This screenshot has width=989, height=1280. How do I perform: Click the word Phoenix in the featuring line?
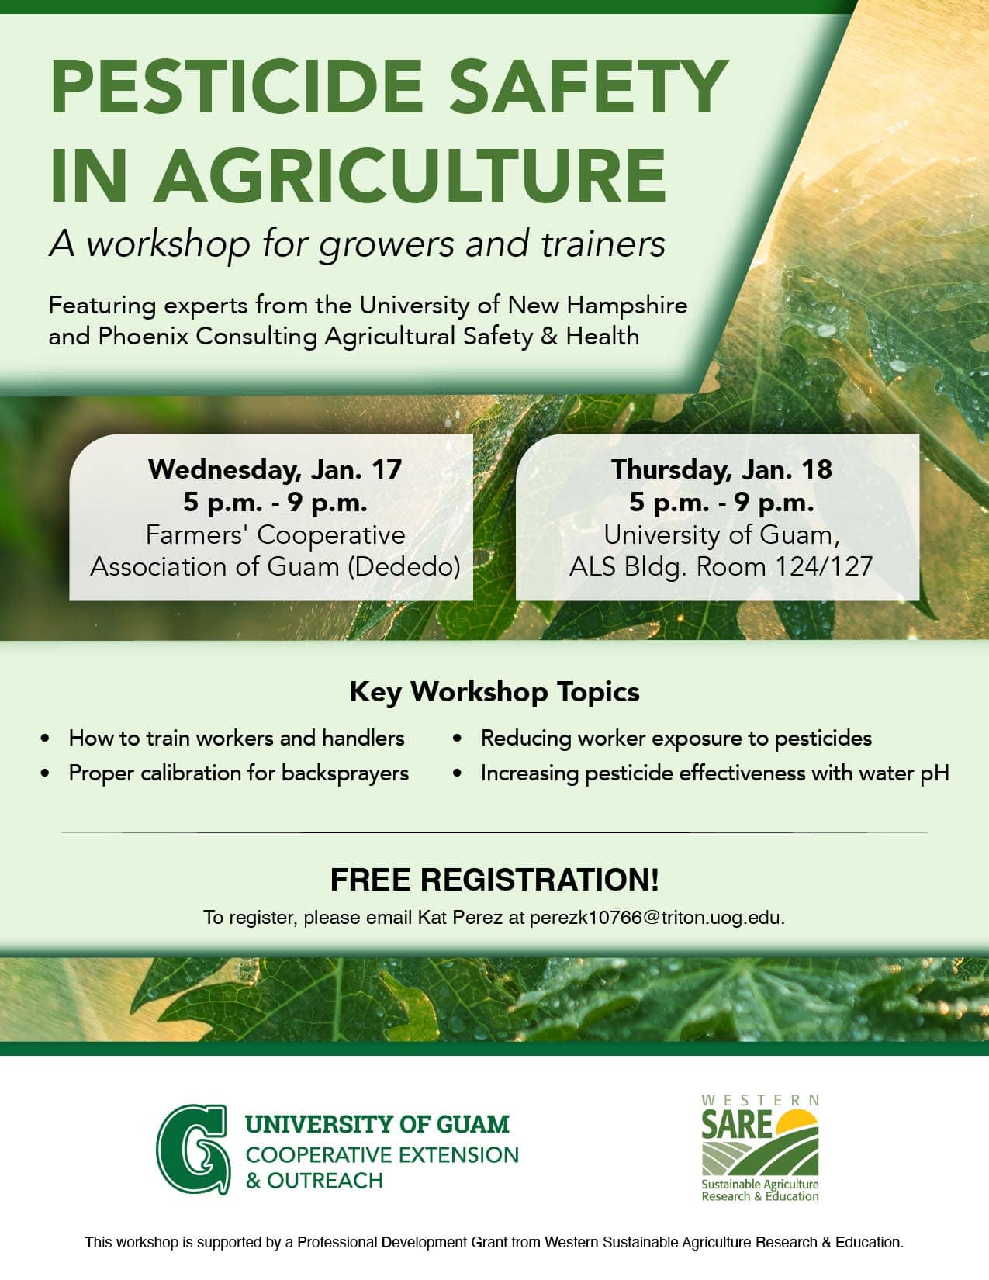[144, 337]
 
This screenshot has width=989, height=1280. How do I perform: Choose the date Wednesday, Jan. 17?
[275, 469]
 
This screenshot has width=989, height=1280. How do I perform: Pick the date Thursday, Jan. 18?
[721, 469]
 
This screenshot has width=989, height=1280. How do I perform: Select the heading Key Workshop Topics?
[494, 691]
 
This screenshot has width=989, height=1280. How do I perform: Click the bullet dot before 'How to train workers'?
[45, 739]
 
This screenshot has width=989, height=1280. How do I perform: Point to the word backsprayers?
[344, 773]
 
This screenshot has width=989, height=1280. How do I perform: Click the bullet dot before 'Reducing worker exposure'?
[457, 739]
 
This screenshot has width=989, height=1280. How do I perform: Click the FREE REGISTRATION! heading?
[494, 880]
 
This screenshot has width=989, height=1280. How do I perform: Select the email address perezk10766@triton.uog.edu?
[657, 918]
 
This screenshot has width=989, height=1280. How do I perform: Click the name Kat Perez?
[460, 918]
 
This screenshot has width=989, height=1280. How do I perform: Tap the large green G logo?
[192, 1149]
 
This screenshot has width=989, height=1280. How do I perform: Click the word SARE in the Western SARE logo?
[736, 1124]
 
